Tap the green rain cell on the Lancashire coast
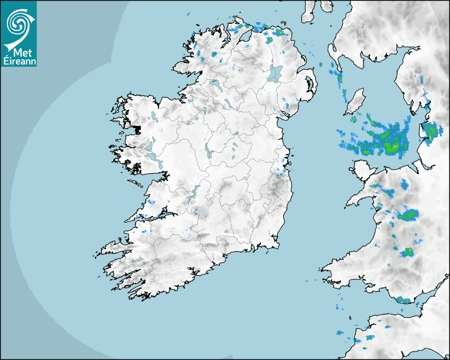coord(431,130)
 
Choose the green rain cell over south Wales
coord(406,252)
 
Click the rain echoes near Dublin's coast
coord(281,170)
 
